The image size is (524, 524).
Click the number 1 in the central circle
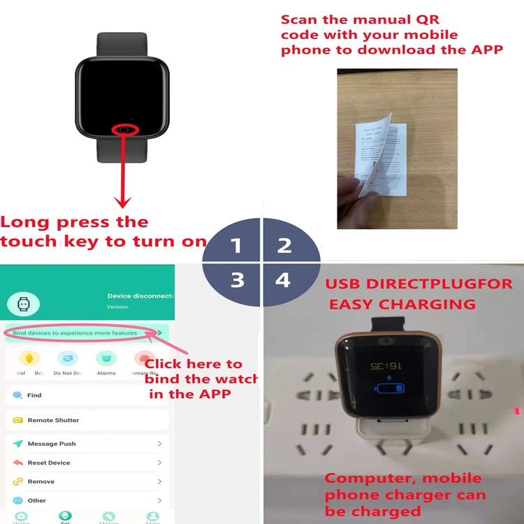[236, 246]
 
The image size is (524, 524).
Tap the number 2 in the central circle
[284, 245]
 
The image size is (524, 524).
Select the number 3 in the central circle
[238, 280]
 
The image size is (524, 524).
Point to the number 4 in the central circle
[282, 280]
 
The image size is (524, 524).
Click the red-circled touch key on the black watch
[124, 129]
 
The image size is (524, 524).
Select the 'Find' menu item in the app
[34, 395]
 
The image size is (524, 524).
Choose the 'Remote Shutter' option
[53, 420]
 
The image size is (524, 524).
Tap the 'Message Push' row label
[52, 444]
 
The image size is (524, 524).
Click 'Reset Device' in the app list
[49, 463]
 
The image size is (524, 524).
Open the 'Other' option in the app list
[37, 500]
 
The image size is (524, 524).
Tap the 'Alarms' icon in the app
[106, 359]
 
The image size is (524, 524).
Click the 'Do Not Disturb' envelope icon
[68, 359]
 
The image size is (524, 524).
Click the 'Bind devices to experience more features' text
[75, 333]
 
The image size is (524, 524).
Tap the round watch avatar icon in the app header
[23, 303]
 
